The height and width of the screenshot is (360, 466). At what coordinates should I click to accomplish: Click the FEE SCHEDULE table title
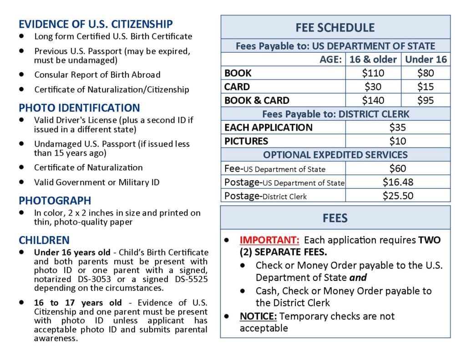(x=335, y=27)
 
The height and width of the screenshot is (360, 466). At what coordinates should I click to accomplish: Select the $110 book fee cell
(x=373, y=73)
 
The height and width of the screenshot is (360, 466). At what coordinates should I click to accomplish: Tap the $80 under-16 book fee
(x=425, y=73)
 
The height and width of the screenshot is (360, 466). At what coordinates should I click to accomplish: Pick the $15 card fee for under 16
(x=425, y=86)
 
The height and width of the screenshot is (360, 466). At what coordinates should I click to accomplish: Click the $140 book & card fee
(x=373, y=100)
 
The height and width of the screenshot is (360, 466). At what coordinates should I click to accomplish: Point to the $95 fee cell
(x=425, y=100)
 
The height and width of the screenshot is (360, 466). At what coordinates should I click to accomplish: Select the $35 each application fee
(x=397, y=127)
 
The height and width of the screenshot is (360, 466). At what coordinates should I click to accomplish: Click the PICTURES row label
(x=246, y=141)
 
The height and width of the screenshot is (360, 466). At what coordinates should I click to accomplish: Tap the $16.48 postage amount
(x=397, y=182)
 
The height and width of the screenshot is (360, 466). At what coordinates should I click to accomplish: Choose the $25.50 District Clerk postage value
(x=397, y=196)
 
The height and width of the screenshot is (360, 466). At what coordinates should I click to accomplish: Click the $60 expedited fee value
(x=397, y=168)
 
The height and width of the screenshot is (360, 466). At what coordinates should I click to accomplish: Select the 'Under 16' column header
(x=426, y=59)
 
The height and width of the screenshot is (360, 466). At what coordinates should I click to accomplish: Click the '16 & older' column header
(x=373, y=59)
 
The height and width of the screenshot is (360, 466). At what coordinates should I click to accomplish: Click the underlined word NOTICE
(x=258, y=316)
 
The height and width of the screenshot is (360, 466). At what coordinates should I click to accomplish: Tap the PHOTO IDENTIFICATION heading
(x=79, y=108)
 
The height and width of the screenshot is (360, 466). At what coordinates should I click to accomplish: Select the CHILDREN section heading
(x=44, y=240)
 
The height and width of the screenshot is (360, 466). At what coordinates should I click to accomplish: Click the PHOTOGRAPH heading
(x=55, y=200)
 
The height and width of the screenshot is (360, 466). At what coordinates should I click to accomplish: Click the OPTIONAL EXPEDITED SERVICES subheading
(x=335, y=155)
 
